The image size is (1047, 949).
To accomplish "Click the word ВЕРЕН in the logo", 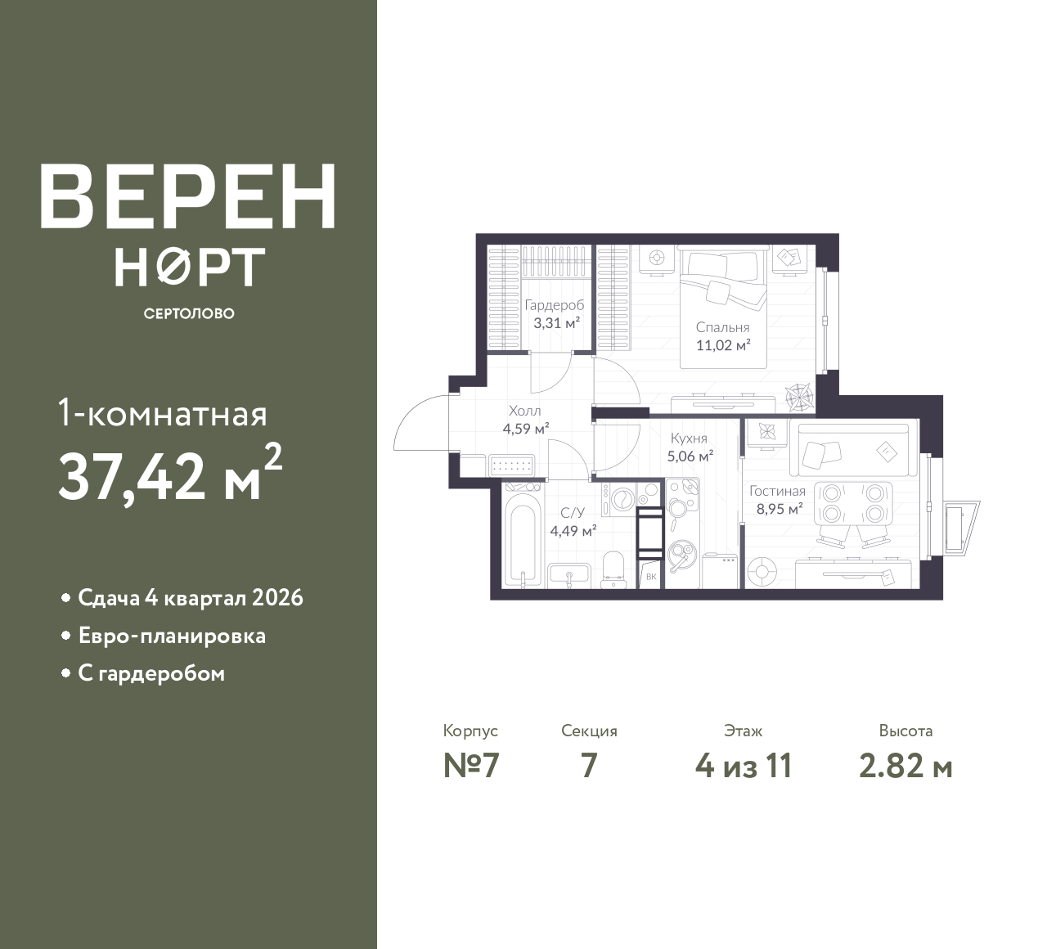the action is tap(188, 196).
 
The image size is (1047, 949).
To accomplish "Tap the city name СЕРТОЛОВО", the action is tap(189, 313).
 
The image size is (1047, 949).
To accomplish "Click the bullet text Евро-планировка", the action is tap(172, 636).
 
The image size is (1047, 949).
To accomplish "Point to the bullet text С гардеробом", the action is tap(151, 674).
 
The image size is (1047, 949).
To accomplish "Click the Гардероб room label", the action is tap(555, 305).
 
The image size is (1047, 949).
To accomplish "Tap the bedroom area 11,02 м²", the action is tap(723, 345).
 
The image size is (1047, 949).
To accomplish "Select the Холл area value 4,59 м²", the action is tap(526, 429).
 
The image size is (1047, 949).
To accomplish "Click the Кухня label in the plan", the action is tap(689, 439).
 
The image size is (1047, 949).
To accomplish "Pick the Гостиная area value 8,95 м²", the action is tap(780, 508).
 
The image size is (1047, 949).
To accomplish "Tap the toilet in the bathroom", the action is tap(613, 570).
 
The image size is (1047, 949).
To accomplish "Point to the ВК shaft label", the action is tap(651, 577).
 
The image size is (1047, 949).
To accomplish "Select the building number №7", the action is tap(472, 766).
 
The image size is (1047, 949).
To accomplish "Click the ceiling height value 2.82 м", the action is tap(905, 767).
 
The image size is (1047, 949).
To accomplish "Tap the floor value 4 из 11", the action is tap(744, 766).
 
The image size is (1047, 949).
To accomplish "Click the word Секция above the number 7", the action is tap(589, 731).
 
